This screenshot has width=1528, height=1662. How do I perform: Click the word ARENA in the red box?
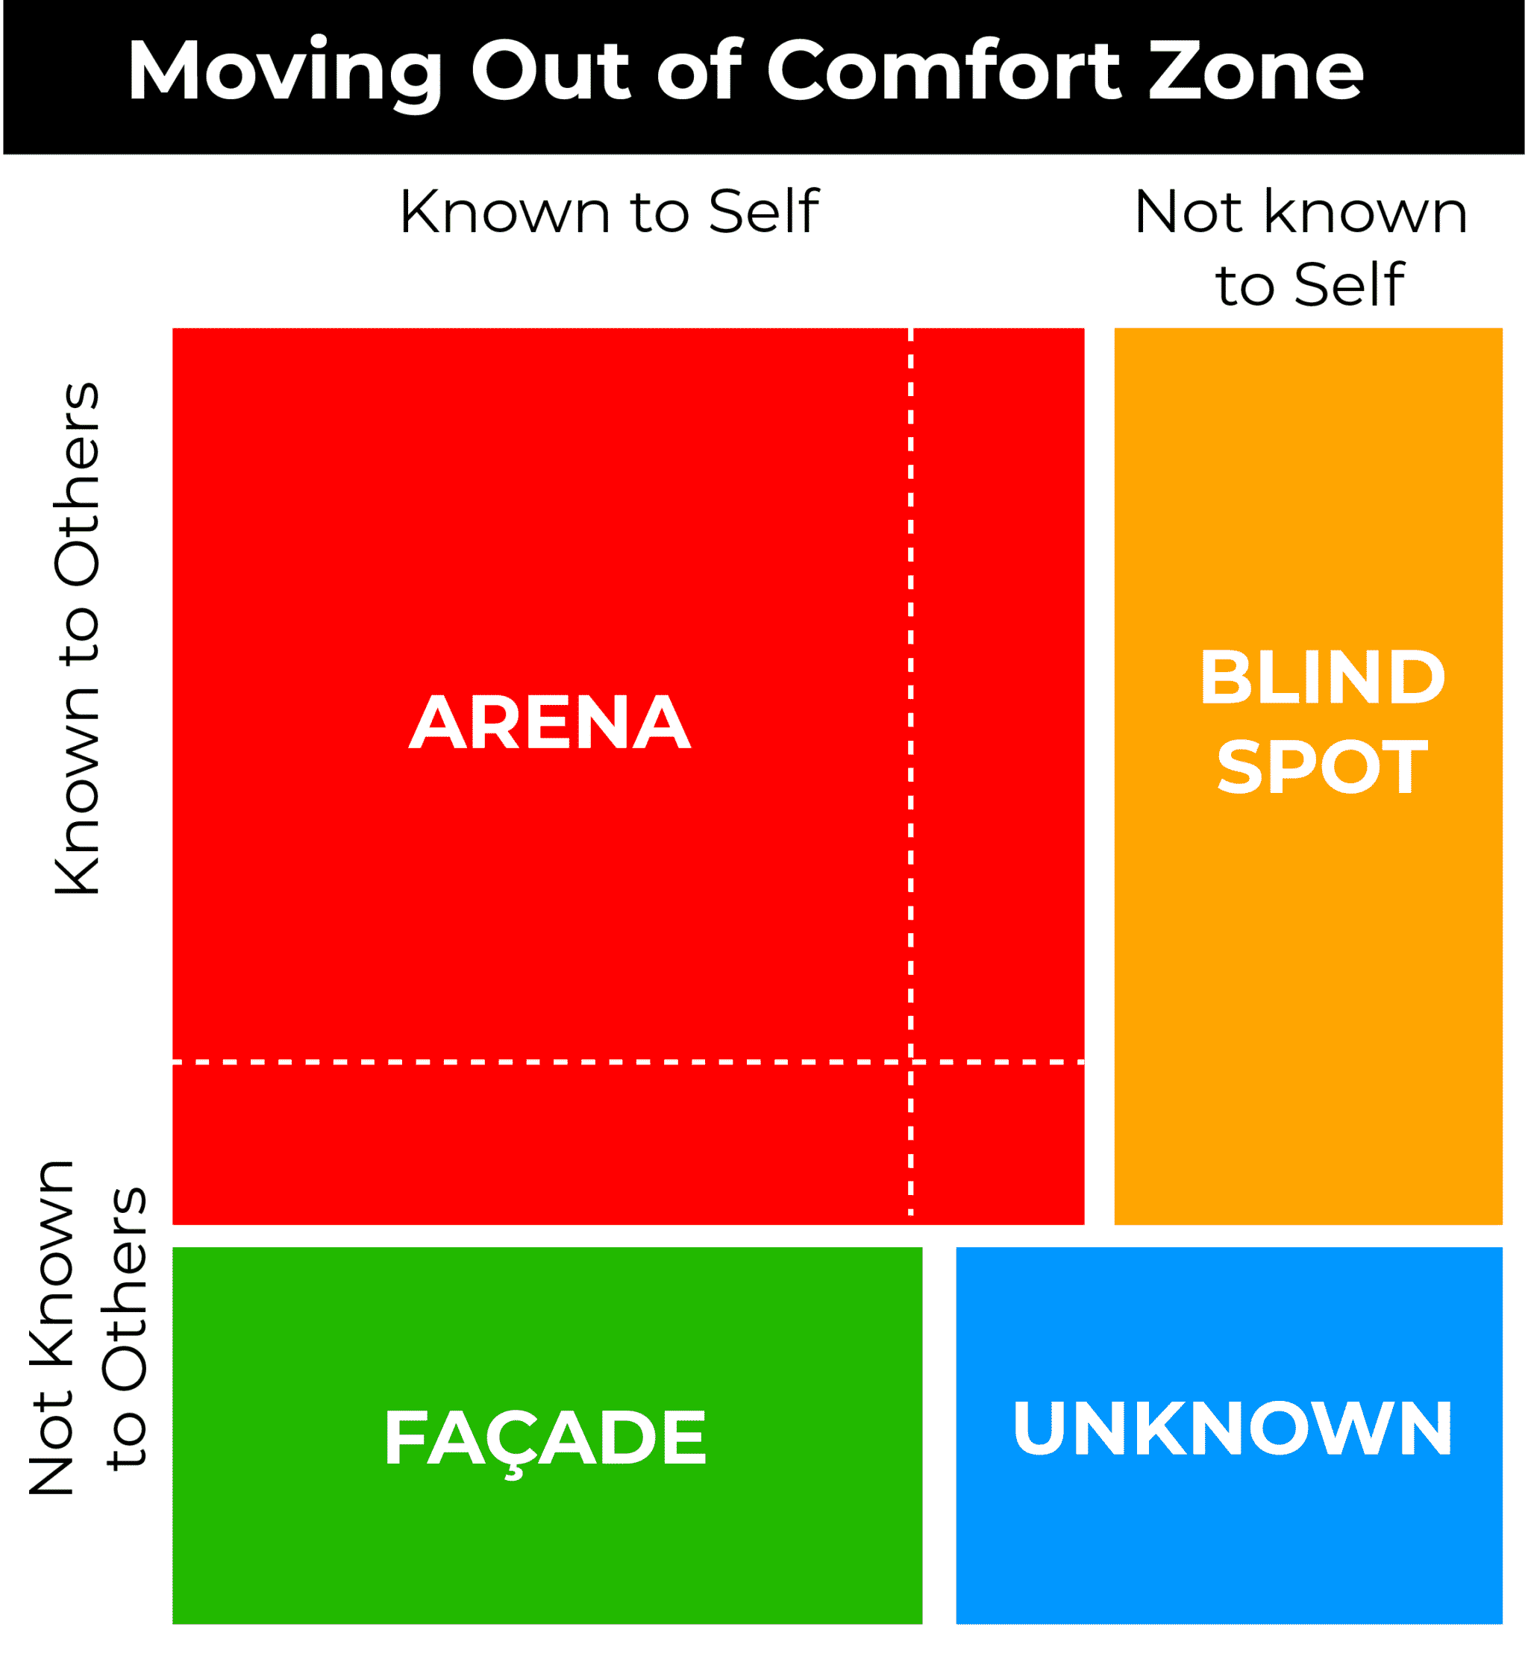(x=550, y=723)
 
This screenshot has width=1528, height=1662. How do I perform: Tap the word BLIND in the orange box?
(x=1323, y=677)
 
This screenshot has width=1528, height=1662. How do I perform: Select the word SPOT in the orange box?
(x=1323, y=768)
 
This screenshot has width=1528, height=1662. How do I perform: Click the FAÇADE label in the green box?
(x=545, y=1440)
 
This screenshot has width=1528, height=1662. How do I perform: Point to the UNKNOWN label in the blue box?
(x=1233, y=1428)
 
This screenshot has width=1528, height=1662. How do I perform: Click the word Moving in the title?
(x=285, y=73)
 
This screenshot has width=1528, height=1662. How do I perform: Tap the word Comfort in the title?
(x=945, y=70)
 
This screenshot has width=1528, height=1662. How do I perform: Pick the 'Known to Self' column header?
(x=610, y=213)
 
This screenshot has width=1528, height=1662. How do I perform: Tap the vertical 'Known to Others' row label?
(x=77, y=639)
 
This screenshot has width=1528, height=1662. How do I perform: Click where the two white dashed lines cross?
(x=911, y=1062)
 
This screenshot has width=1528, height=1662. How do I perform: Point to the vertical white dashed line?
(x=911, y=773)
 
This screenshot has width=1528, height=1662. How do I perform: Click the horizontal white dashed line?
(x=628, y=1062)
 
